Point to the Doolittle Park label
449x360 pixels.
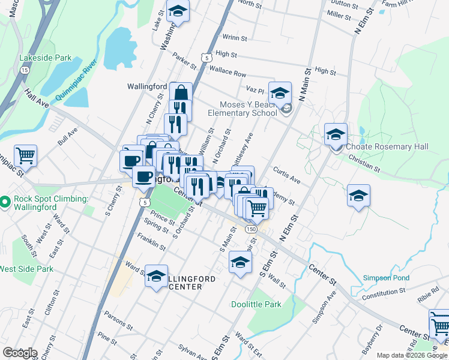(256, 304)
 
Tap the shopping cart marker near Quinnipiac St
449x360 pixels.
(26, 157)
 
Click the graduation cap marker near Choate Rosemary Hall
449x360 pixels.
(336, 134)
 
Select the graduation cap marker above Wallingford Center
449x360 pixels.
(157, 277)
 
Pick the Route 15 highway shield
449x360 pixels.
(25, 70)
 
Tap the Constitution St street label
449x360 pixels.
(384, 293)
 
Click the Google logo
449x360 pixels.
(19, 353)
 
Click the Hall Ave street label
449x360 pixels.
(36, 100)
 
